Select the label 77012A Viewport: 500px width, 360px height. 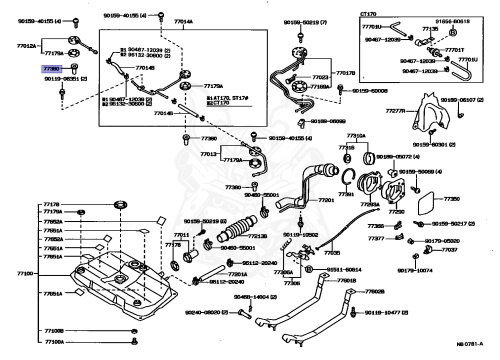[x=27, y=44]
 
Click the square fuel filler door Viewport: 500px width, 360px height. [x=425, y=206]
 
